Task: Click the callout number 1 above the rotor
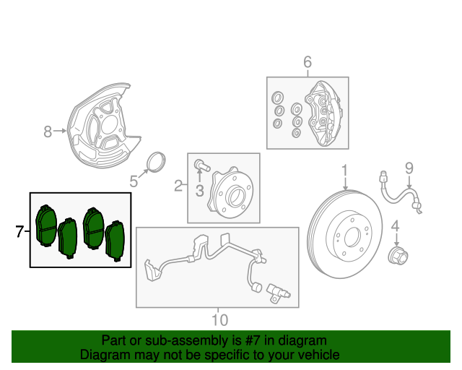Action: [x=344, y=171]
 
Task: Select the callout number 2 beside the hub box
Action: [x=178, y=187]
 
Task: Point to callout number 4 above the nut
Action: [x=395, y=230]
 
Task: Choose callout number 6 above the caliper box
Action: [x=307, y=63]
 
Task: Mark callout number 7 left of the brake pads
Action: [x=19, y=231]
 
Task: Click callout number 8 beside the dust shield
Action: [x=48, y=132]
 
